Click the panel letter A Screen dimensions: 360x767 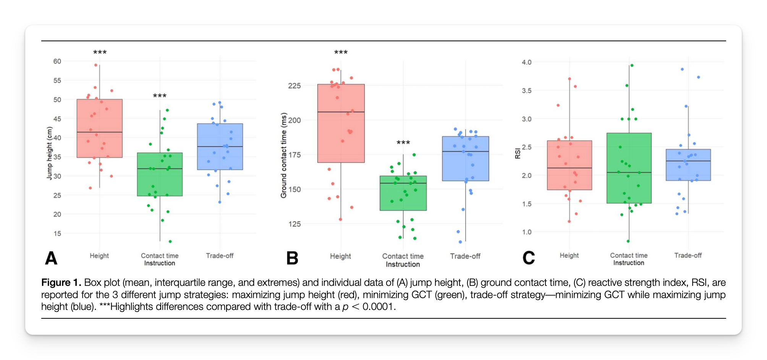click(x=51, y=258)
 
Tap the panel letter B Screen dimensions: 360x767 click(x=292, y=258)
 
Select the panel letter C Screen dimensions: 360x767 click(x=529, y=258)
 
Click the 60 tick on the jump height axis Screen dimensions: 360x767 click(x=57, y=61)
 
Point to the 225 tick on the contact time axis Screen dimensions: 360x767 click(x=294, y=86)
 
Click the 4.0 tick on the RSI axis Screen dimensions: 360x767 click(x=526, y=62)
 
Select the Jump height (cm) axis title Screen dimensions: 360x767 click(x=49, y=153)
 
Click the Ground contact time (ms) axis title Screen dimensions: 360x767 click(x=283, y=155)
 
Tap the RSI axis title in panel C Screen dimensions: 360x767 click(x=518, y=153)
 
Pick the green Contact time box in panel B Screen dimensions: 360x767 click(x=403, y=193)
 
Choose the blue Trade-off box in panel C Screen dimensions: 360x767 click(x=688, y=165)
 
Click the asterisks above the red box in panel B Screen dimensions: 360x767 click(x=341, y=52)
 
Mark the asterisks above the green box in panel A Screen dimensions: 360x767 click(x=160, y=96)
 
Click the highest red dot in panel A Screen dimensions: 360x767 click(x=96, y=65)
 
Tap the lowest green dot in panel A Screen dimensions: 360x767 click(x=170, y=242)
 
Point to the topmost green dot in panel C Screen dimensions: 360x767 click(x=632, y=65)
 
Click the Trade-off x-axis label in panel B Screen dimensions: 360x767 click(x=465, y=256)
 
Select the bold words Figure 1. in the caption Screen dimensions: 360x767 click(x=61, y=282)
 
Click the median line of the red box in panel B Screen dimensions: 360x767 click(x=341, y=112)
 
